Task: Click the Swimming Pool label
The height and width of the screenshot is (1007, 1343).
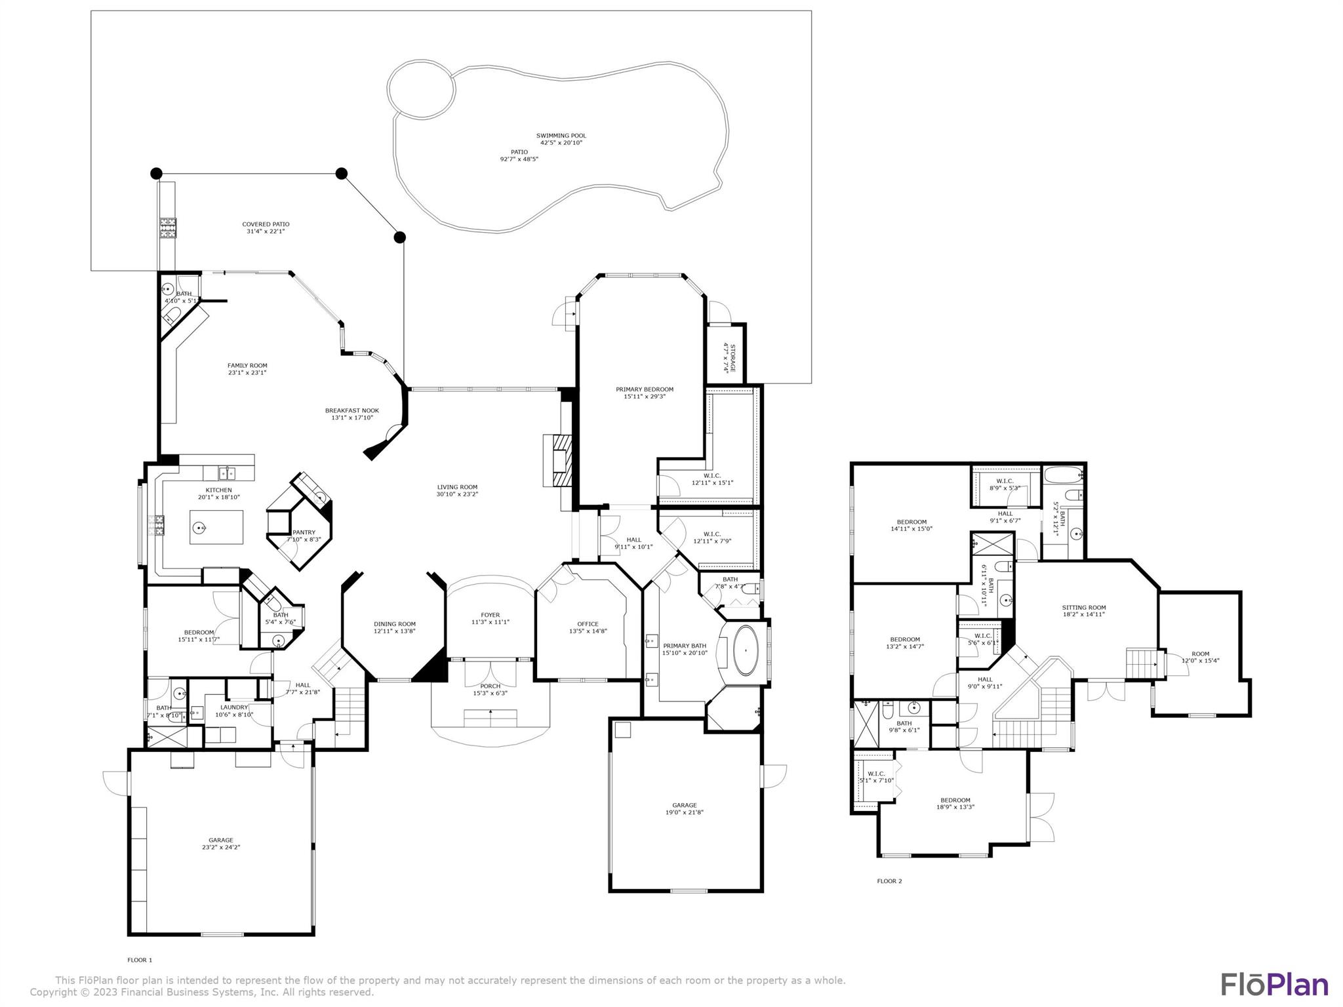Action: pyautogui.click(x=561, y=136)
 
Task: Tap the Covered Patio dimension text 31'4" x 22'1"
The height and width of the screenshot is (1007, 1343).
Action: pyautogui.click(x=266, y=231)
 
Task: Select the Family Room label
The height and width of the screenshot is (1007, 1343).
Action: pyautogui.click(x=247, y=366)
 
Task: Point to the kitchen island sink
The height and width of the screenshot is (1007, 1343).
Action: pyautogui.click(x=201, y=527)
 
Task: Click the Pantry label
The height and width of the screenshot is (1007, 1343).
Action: pyautogui.click(x=304, y=532)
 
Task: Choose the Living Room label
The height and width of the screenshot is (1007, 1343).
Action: pyautogui.click(x=457, y=487)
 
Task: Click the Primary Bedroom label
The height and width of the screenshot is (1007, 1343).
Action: pyautogui.click(x=644, y=389)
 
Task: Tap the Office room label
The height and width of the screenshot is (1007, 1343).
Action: pyautogui.click(x=588, y=624)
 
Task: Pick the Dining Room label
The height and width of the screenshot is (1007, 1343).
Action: pyautogui.click(x=395, y=624)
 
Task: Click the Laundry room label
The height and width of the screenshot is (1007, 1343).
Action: pyautogui.click(x=234, y=707)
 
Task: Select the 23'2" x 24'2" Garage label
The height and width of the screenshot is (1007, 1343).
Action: pyautogui.click(x=221, y=844)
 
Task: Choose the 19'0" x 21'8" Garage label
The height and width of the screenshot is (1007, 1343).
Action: pyautogui.click(x=684, y=809)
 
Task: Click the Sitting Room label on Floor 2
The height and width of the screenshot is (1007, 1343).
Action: pyautogui.click(x=1083, y=608)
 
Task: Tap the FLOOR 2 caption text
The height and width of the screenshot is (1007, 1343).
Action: pyautogui.click(x=889, y=881)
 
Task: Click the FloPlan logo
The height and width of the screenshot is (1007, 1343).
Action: pyautogui.click(x=1274, y=985)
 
